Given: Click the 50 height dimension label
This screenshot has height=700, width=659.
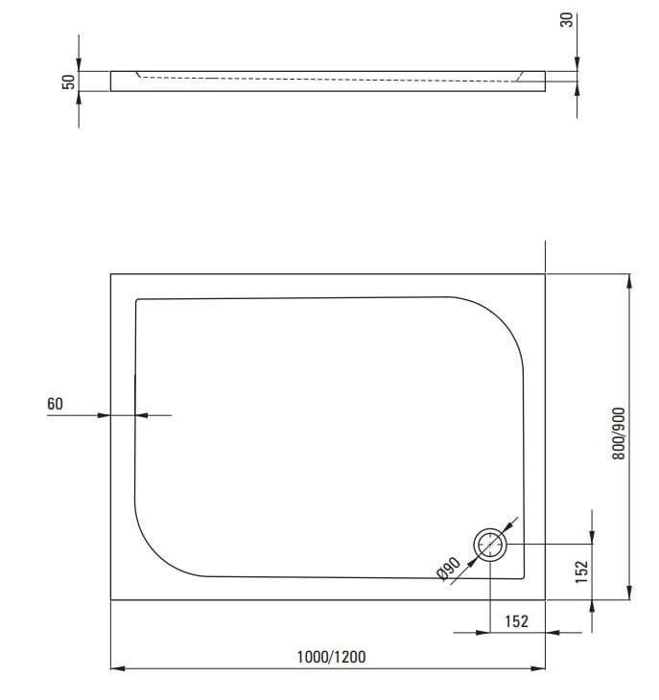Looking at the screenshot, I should click(68, 82).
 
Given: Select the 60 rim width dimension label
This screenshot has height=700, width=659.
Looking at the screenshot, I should click(55, 404).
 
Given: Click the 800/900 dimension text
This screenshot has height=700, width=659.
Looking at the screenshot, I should click(619, 433).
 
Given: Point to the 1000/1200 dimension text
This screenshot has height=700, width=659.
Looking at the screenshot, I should click(330, 656).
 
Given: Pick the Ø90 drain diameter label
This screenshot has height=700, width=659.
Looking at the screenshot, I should click(446, 570).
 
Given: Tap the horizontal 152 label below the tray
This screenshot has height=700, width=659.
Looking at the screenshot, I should click(516, 621).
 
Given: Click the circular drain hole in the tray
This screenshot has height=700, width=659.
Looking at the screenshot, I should click(490, 546).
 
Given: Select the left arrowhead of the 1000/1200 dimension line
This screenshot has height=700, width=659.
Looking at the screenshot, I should click(117, 668).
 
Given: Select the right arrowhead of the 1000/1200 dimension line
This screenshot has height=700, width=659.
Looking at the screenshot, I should click(539, 668).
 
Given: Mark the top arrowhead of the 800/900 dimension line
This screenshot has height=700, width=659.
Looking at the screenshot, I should click(628, 280).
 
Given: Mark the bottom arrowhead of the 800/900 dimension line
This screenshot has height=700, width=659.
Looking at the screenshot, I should click(628, 594).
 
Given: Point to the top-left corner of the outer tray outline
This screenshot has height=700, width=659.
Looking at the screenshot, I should click(111, 274).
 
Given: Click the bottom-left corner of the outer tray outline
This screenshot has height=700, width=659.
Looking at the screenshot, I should click(111, 600).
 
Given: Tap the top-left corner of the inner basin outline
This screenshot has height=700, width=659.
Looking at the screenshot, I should click(137, 300).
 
